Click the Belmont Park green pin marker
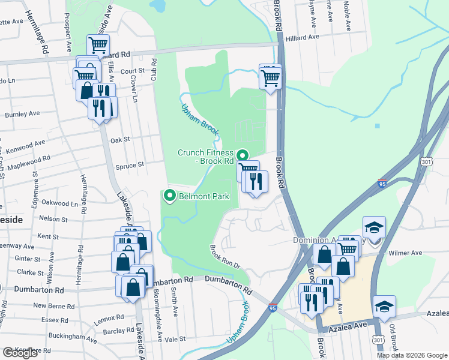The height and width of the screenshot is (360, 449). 170,196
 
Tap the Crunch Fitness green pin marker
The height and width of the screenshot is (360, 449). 243,155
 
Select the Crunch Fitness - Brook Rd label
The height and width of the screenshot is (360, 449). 205,157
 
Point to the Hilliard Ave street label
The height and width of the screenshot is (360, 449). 303,37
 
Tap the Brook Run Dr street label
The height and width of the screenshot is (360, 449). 224,256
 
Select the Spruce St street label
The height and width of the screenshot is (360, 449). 133,164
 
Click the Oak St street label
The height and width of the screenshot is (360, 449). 120,139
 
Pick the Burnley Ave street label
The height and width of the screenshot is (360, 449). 22,113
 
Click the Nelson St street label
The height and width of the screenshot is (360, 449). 53,219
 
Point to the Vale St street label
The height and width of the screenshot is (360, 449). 175,339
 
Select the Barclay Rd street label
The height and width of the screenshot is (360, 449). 118,331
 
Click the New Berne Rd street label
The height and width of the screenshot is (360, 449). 53,306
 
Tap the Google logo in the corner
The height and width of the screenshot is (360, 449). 20,353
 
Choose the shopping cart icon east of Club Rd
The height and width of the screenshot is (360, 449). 271,77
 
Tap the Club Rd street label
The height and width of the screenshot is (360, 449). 154,70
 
